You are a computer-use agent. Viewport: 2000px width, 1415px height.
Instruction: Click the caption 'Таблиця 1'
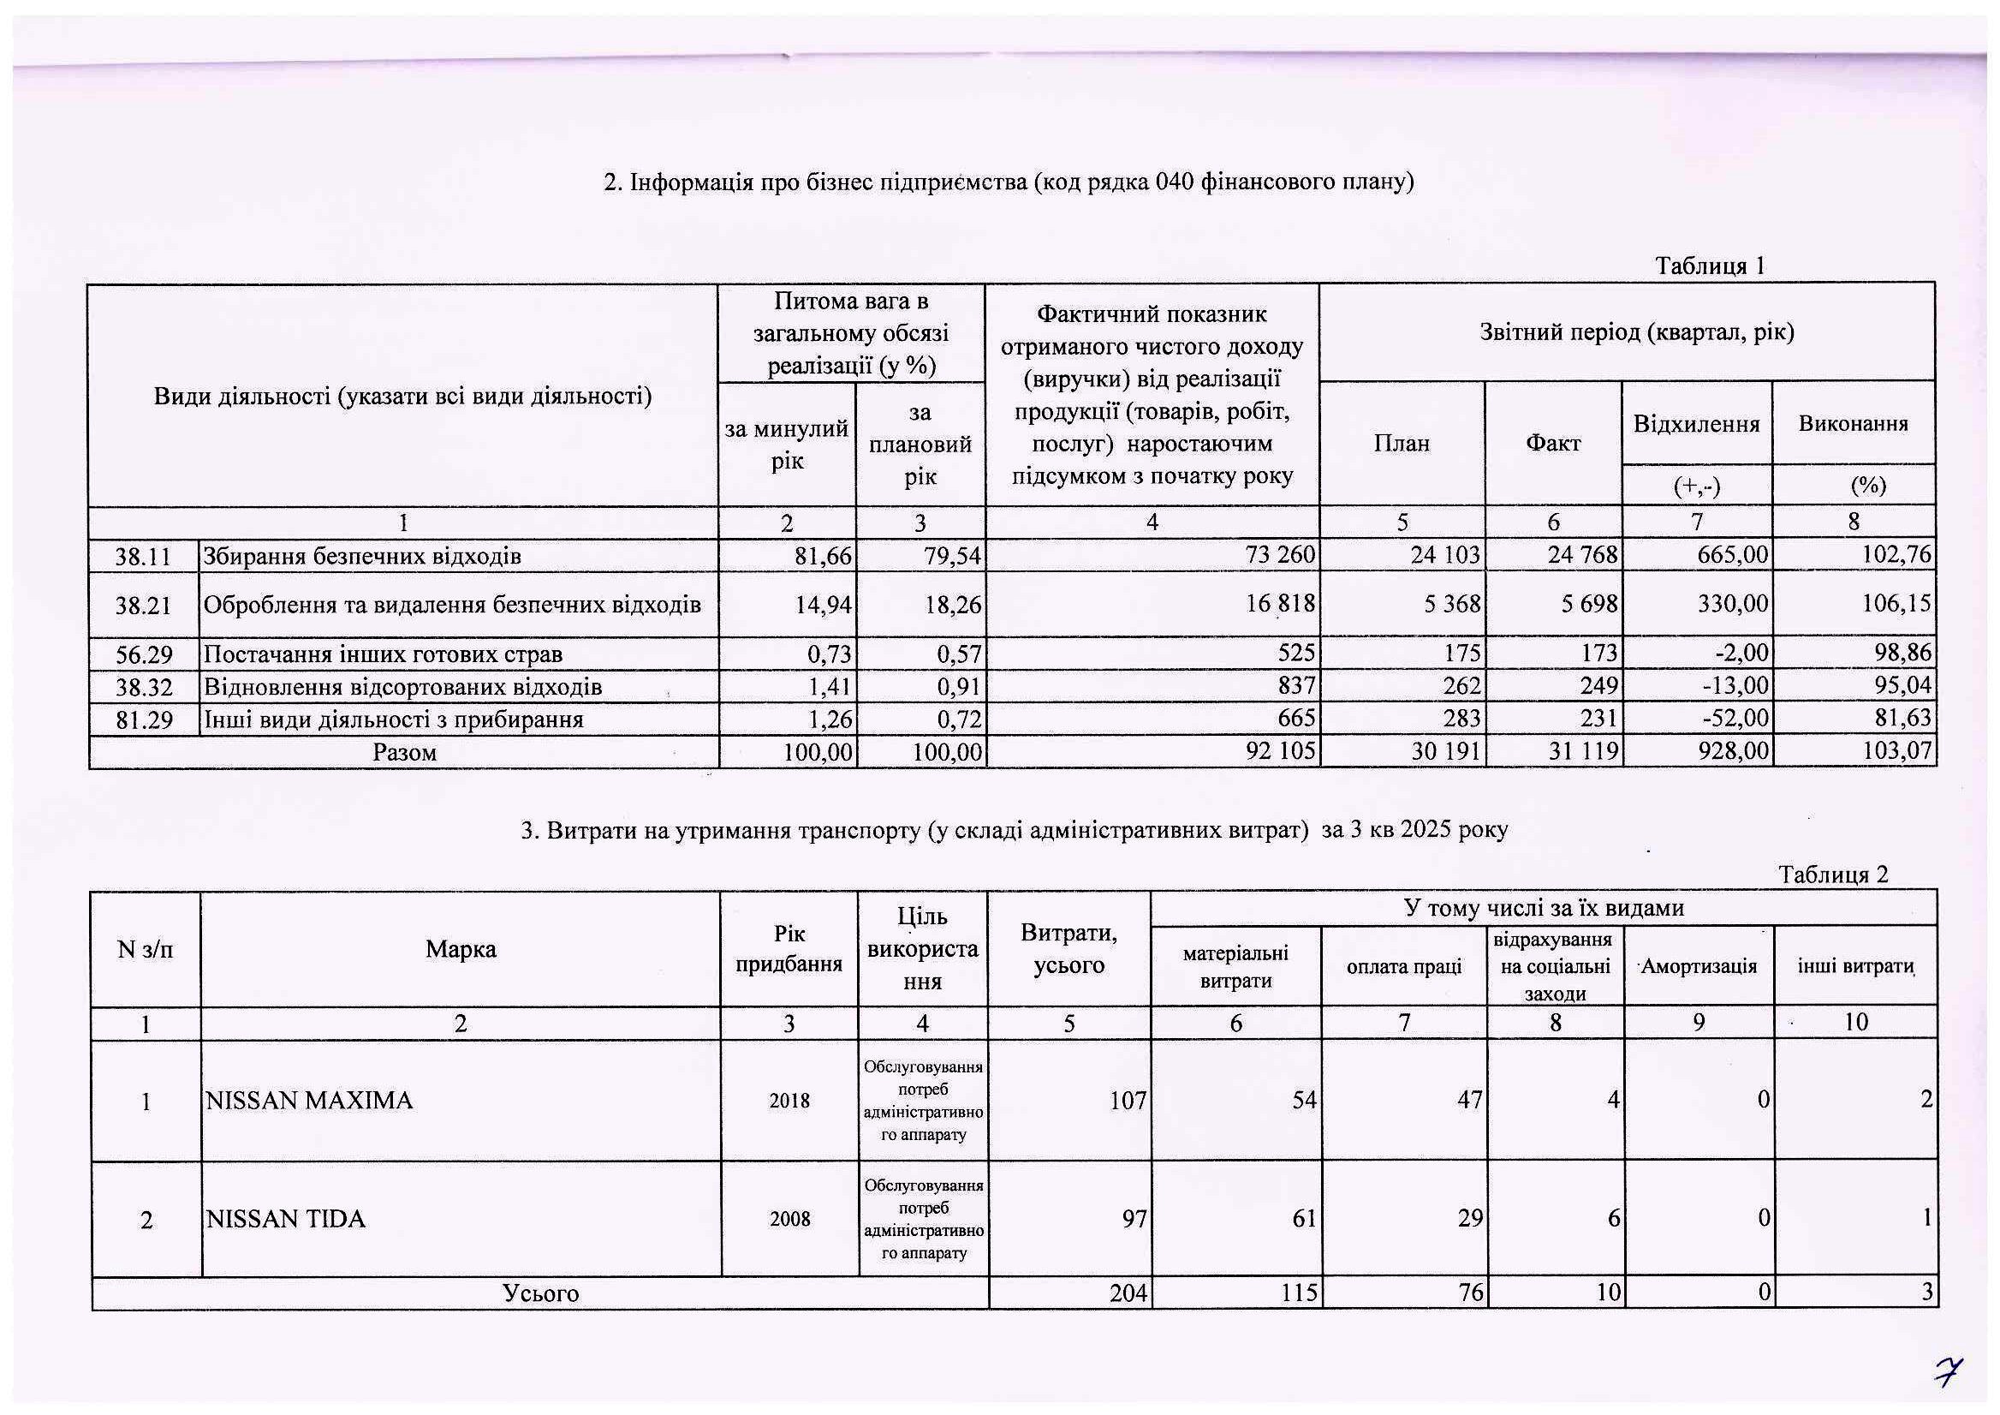point(1710,266)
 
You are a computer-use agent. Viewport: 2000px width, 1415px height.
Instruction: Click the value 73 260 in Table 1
point(1281,555)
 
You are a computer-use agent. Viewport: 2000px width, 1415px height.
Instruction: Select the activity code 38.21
point(144,605)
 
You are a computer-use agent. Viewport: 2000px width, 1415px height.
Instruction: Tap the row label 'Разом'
point(404,753)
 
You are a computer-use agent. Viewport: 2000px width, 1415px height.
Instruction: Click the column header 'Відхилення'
point(1696,424)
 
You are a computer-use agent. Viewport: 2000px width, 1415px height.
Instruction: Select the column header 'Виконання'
point(1853,424)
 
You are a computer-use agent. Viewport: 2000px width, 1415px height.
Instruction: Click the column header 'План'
point(1402,444)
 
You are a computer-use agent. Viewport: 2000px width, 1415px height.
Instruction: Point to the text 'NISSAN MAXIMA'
point(309,1102)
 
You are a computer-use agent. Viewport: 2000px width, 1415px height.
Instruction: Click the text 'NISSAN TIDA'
point(285,1219)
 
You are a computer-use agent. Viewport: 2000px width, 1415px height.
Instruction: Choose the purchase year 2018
point(789,1102)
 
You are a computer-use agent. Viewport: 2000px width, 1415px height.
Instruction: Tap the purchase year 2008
point(789,1219)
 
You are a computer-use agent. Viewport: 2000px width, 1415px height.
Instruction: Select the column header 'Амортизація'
point(1699,966)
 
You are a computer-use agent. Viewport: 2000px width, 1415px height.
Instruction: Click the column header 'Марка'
point(461,950)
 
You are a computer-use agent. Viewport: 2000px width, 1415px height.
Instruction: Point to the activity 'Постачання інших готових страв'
point(383,654)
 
